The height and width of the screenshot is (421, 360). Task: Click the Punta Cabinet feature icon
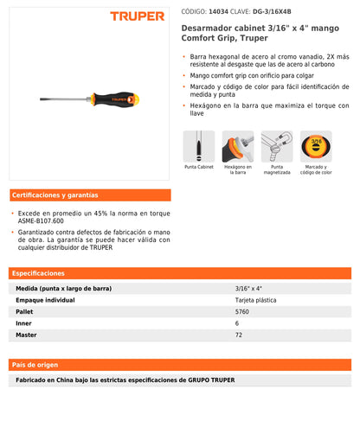pyautogui.click(x=199, y=146)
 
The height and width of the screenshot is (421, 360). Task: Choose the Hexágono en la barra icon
pyautogui.click(x=238, y=146)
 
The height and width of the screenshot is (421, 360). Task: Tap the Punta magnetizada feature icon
pyautogui.click(x=277, y=146)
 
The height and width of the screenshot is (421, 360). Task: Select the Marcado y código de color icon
pyautogui.click(x=316, y=146)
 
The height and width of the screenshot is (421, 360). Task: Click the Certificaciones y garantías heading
pyautogui.click(x=55, y=195)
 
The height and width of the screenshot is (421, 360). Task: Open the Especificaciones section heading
pyautogui.click(x=39, y=272)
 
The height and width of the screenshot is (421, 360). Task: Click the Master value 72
pyautogui.click(x=239, y=333)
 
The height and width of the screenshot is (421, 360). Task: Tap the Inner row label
pyautogui.click(x=23, y=322)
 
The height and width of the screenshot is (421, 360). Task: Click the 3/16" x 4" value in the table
pyautogui.click(x=247, y=288)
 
